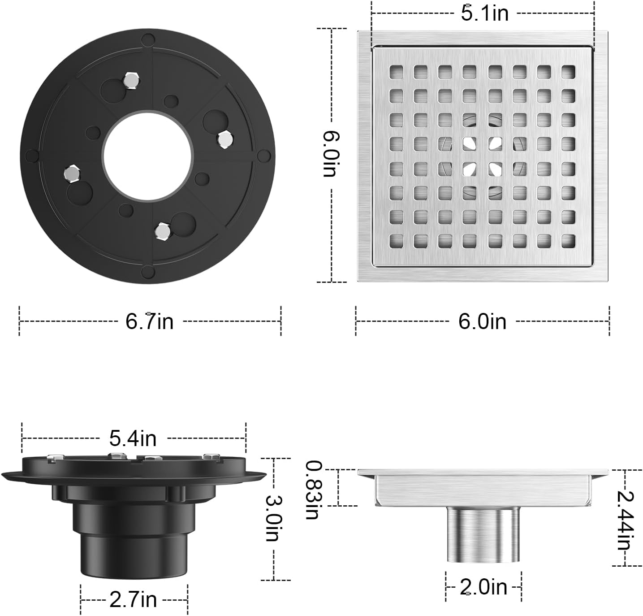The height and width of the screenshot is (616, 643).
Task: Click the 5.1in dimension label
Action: click(x=485, y=13)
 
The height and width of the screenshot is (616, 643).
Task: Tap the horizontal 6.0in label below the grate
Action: click(x=482, y=321)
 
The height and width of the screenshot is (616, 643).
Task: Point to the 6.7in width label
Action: click(x=149, y=321)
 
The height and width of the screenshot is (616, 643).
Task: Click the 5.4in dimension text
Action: click(x=133, y=438)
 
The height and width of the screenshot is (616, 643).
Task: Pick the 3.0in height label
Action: click(x=273, y=518)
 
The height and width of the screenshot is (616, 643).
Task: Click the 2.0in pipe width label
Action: click(x=483, y=587)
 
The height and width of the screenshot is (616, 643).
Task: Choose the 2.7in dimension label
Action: click(x=133, y=599)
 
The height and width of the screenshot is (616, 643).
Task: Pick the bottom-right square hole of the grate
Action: click(x=568, y=241)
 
